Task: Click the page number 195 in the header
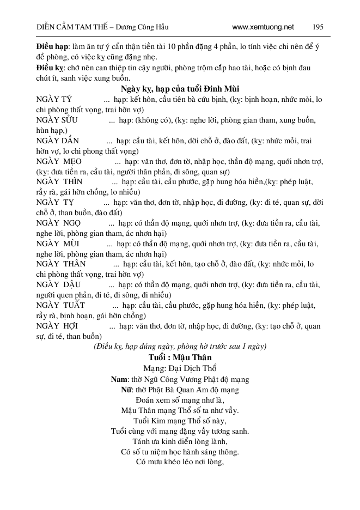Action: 318,27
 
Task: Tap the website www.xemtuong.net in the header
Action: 263,27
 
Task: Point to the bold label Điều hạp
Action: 48,48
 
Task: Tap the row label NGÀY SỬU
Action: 57,120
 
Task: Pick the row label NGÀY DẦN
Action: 57,141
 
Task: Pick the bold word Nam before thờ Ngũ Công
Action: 119,379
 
